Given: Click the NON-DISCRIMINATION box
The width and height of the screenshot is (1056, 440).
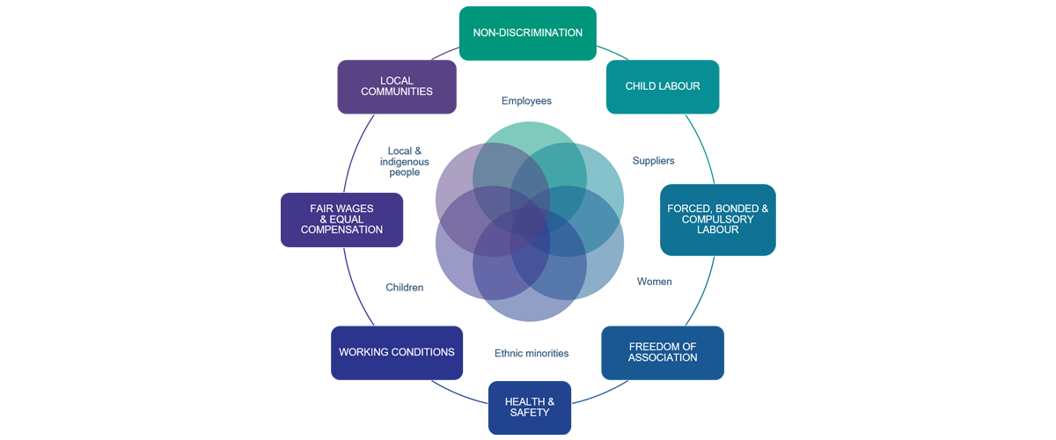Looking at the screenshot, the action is coord(527,33).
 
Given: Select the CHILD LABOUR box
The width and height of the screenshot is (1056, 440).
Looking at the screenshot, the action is coord(663,87).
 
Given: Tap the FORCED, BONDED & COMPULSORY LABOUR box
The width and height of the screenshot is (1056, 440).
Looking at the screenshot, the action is coord(717,220).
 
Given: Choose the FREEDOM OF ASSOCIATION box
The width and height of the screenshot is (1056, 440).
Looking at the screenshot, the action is coord(663,353).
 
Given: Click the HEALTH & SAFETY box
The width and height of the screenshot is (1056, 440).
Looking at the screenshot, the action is coord(530,407).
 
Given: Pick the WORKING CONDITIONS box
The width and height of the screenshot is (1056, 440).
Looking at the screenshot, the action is coord(397,353).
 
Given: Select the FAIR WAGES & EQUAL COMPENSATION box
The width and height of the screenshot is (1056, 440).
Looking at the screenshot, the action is coord(341,220).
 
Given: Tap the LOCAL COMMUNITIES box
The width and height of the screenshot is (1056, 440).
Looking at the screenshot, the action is coord(397,87).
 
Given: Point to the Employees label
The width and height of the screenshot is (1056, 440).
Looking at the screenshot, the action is coord(526,101).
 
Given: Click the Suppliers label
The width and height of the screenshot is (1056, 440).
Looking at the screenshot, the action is coord(653,161).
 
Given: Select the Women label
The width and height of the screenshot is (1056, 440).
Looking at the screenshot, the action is coord(655,282).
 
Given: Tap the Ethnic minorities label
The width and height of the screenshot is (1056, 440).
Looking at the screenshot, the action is coord(532,353).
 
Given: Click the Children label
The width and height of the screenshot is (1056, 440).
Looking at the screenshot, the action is coord(405,287).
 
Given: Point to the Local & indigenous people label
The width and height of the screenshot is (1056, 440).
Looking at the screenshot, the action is coord(405,162).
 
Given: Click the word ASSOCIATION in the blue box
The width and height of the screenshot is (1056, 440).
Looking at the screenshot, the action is coord(663,357).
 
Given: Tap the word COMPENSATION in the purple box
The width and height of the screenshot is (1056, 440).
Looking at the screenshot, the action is coord(341,230).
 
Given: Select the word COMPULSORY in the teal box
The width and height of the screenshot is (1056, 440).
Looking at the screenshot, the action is coord(717,219).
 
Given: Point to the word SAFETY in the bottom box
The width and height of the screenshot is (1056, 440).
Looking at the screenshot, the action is coord(530,413).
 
